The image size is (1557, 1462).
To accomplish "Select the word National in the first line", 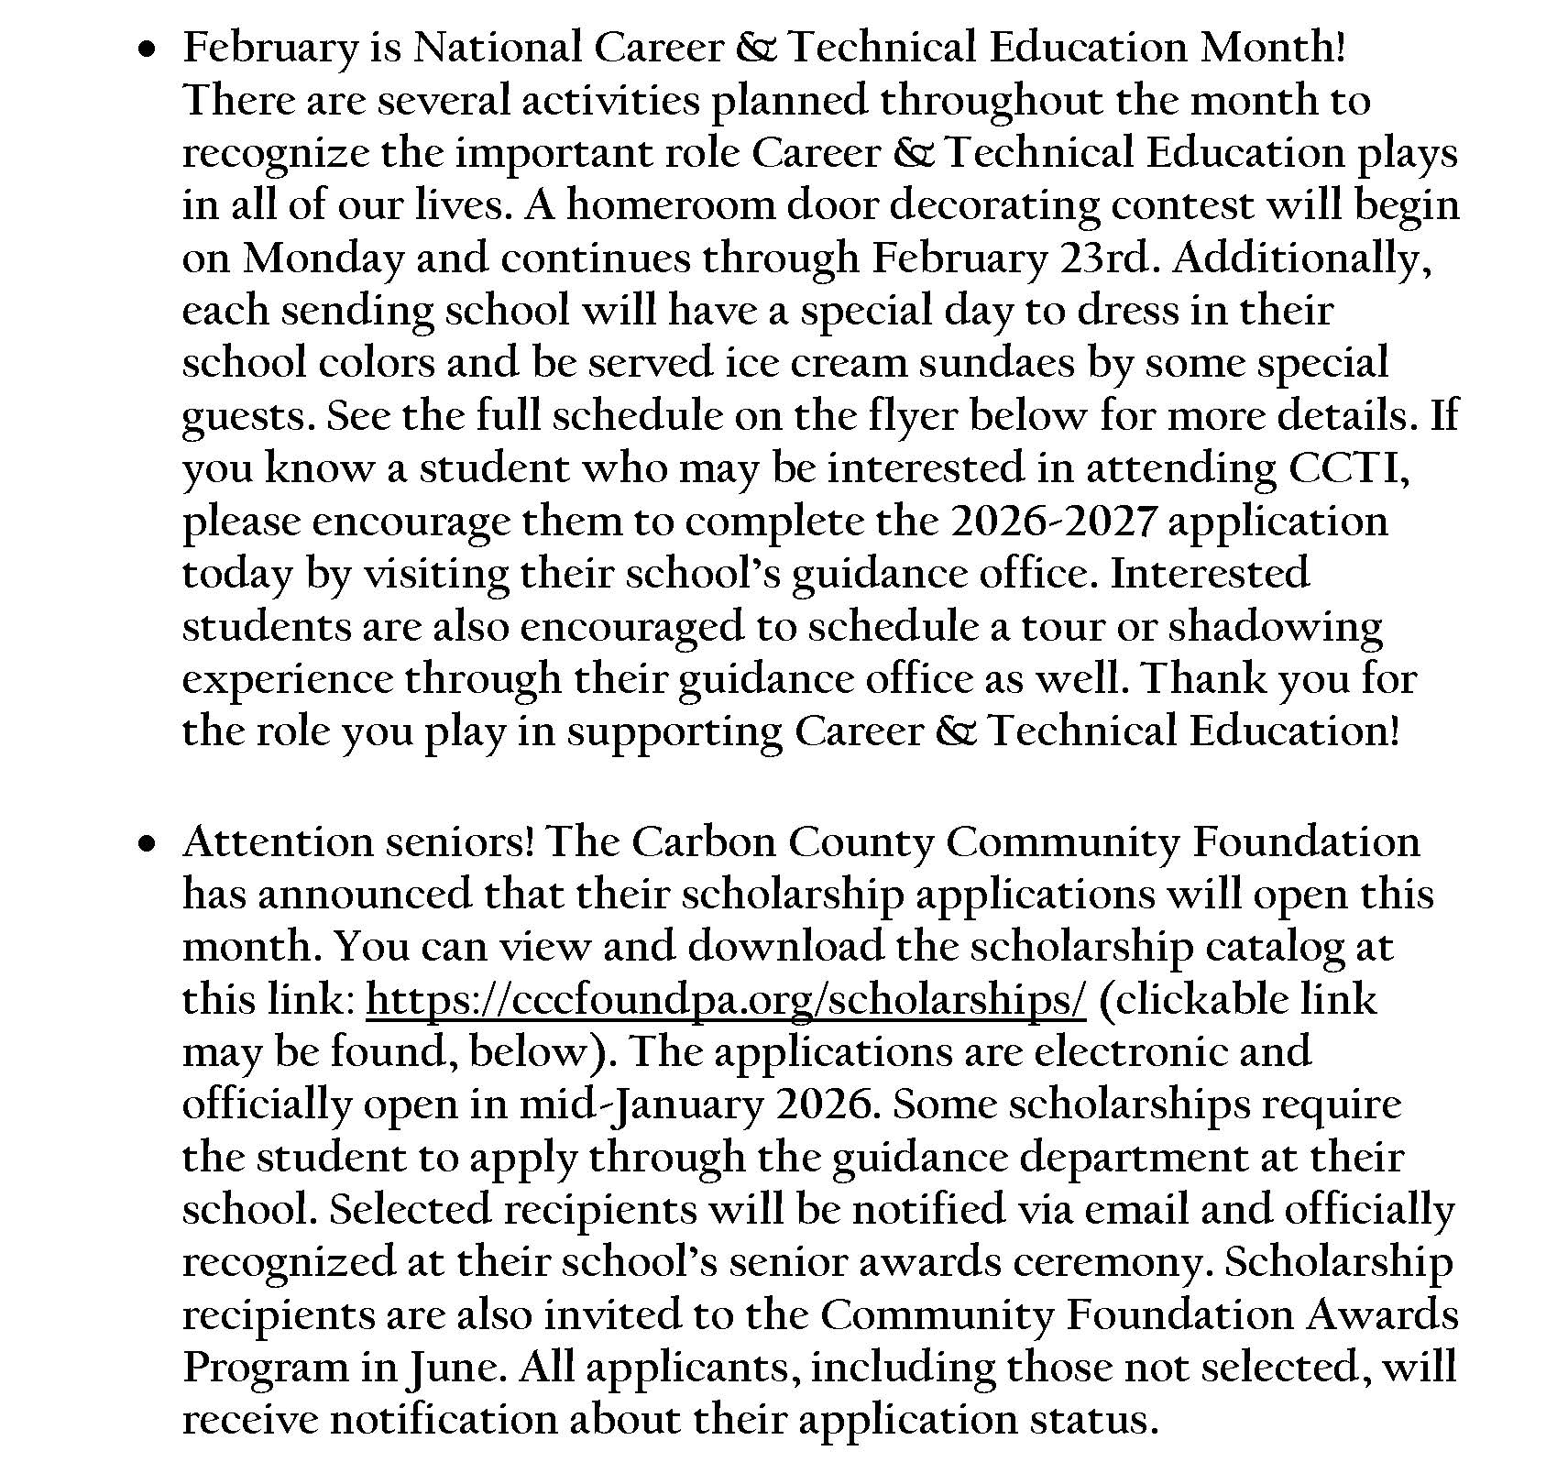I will [497, 48].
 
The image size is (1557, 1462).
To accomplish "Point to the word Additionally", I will [1301, 260].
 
